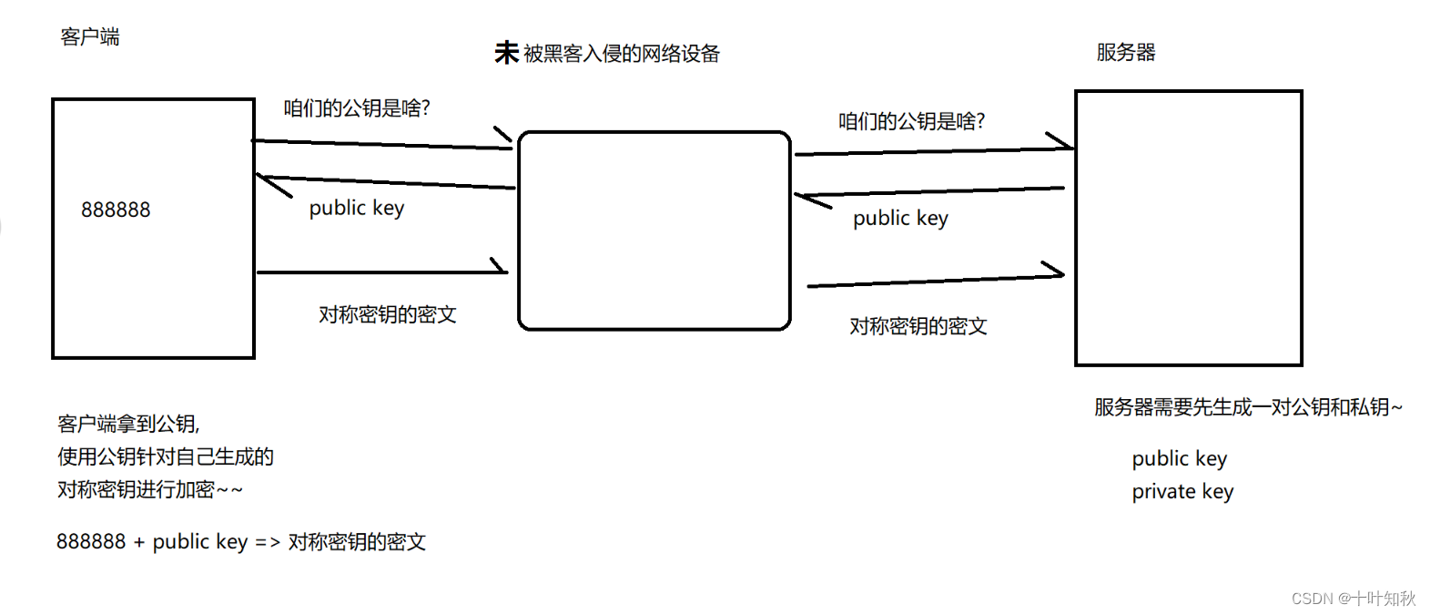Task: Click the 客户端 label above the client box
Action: [89, 37]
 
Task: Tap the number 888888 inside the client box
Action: [116, 210]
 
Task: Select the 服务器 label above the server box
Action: [1125, 53]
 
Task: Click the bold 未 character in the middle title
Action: [506, 53]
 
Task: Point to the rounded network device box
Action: [654, 231]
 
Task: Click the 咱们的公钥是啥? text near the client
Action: [356, 108]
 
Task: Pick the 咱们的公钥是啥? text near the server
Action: [911, 121]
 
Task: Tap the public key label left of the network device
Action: [356, 209]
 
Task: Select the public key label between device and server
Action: [900, 219]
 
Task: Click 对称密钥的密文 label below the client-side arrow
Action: [387, 315]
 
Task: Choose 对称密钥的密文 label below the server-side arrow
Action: [918, 326]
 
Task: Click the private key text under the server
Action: [1182, 492]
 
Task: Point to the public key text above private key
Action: [1179, 458]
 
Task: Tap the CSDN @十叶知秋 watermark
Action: [1354, 599]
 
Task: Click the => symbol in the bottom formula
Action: [268, 543]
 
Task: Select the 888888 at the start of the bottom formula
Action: [91, 542]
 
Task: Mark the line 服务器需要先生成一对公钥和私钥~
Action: [1248, 407]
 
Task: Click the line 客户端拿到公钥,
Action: [128, 424]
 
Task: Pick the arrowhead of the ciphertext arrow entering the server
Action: [1056, 272]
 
